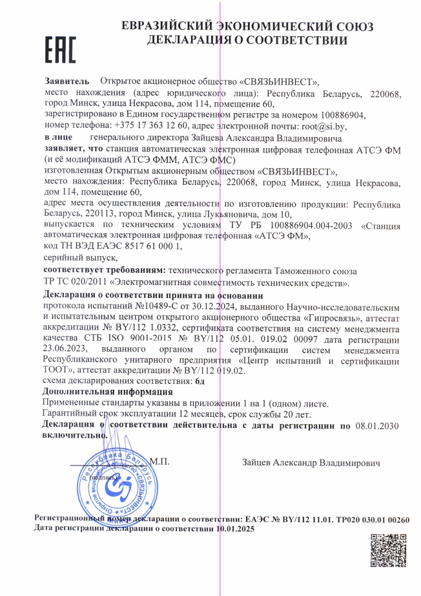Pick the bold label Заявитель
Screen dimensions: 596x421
(62, 83)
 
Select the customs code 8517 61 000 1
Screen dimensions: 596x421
(141, 246)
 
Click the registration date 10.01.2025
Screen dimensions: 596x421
(236, 529)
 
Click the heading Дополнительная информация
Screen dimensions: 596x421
(95, 392)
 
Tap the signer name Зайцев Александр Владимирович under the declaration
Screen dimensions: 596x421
(311, 463)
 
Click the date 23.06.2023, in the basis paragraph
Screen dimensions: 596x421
(67, 350)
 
